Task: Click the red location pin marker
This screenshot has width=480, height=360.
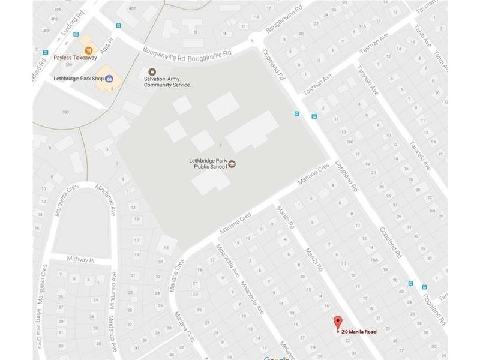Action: pyautogui.click(x=338, y=322)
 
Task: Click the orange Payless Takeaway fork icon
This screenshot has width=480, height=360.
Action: pyautogui.click(x=89, y=50)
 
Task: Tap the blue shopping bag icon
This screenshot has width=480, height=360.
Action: pyautogui.click(x=109, y=79)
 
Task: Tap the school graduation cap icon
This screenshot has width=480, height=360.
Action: pyautogui.click(x=232, y=164)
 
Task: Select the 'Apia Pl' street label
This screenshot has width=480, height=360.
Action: pyautogui.click(x=107, y=52)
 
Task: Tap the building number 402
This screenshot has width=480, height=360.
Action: pyautogui.click(x=132, y=7)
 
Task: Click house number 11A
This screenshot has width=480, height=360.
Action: pyautogui.click(x=362, y=26)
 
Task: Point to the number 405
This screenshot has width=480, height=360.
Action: pyautogui.click(x=58, y=10)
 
